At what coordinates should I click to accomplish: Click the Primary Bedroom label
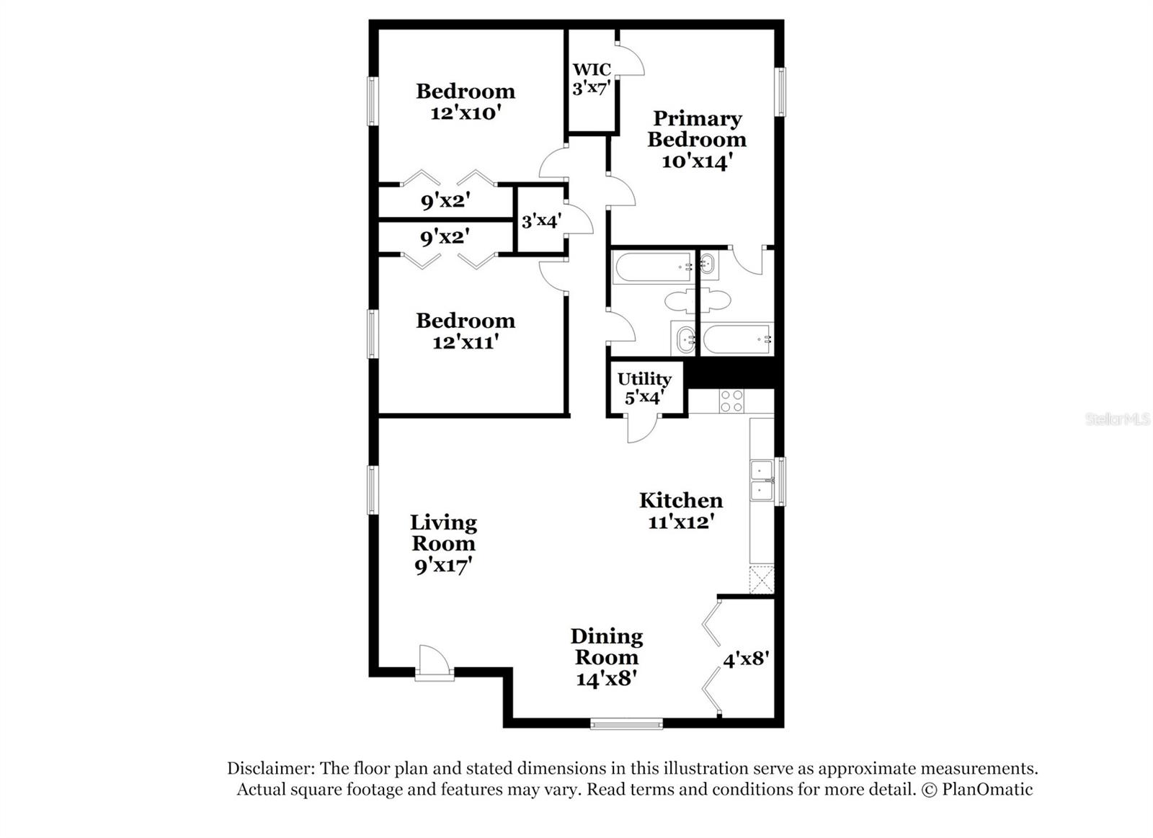697,129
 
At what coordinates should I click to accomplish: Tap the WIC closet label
592,70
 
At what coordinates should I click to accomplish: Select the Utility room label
644,379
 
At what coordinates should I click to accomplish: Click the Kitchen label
681,500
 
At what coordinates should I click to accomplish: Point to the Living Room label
443,533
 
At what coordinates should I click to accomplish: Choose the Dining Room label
607,646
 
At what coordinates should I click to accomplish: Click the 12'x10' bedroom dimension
466,113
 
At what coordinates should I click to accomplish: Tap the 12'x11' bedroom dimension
466,342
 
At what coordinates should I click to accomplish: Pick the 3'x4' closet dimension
541,221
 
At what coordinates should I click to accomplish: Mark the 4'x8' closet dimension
746,659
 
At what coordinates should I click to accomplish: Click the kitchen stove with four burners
731,401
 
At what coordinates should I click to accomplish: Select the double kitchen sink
761,481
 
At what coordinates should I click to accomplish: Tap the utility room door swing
642,428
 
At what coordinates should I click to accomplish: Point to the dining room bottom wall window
626,723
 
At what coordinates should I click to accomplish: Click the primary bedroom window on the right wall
780,92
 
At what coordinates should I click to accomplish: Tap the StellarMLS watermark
1117,419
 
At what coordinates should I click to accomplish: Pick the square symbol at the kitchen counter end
762,579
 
